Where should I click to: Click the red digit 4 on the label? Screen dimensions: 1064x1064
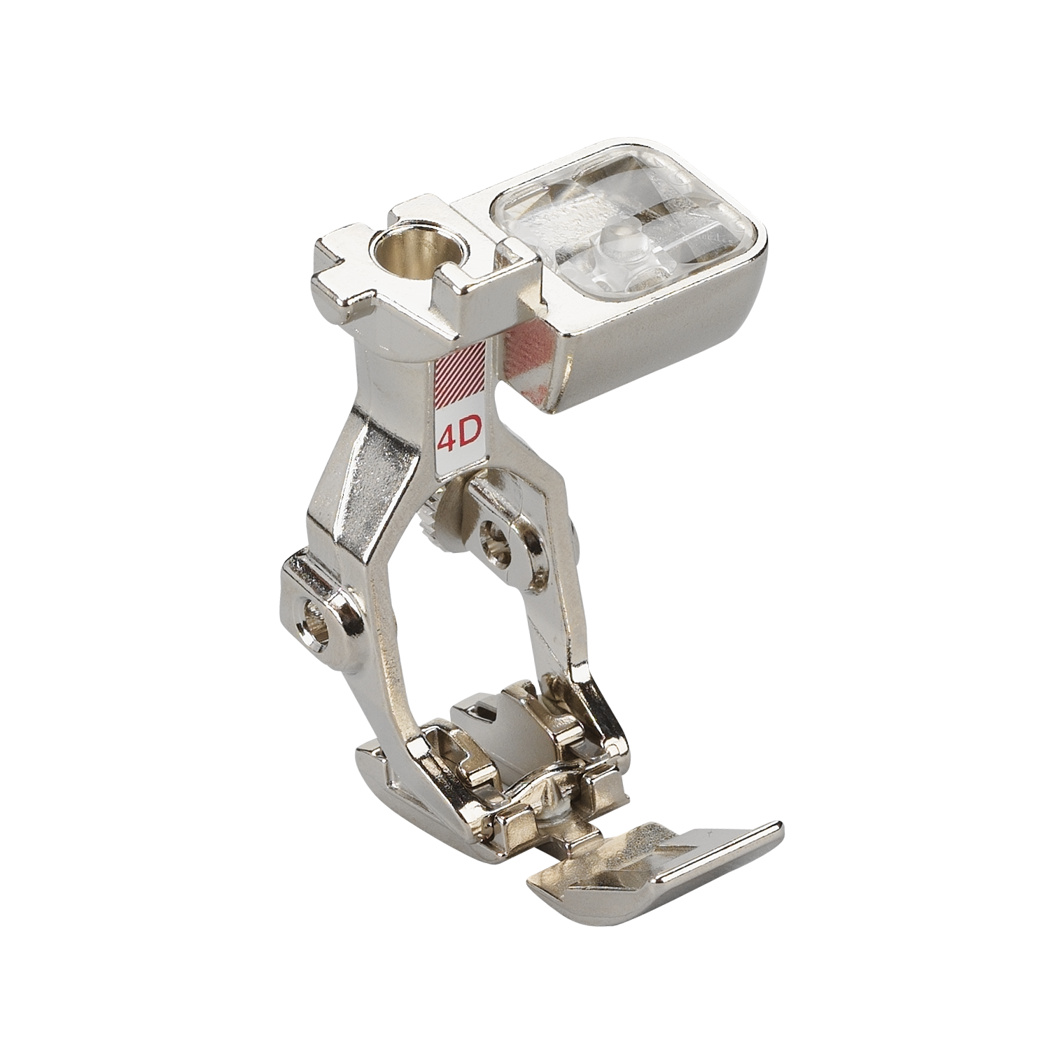point(447,439)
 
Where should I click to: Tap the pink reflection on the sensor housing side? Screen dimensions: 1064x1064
point(528,346)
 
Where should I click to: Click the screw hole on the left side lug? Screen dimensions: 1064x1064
point(313,618)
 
